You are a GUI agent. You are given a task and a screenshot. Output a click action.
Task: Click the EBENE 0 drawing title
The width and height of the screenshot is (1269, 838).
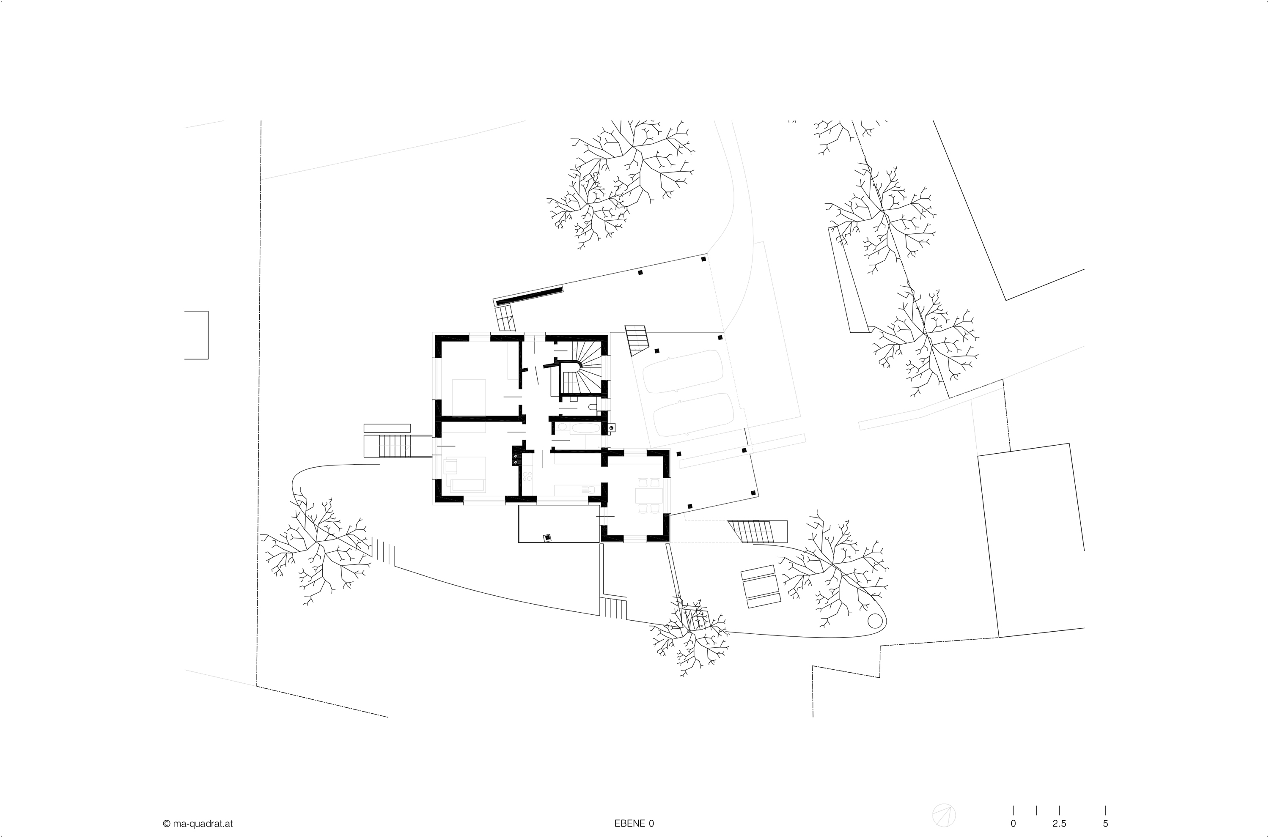point(634,824)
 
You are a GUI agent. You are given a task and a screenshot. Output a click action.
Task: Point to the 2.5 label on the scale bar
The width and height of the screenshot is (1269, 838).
point(1059,824)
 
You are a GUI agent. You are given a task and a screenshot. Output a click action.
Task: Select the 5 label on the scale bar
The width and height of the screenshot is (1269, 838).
point(1105,824)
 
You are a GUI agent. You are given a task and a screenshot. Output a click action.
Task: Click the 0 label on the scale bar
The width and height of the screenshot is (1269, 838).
point(1013,824)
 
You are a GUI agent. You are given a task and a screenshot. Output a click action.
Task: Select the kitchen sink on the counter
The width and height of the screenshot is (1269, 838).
point(590,488)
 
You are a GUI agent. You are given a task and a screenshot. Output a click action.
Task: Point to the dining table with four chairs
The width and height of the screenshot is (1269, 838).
point(648,494)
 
